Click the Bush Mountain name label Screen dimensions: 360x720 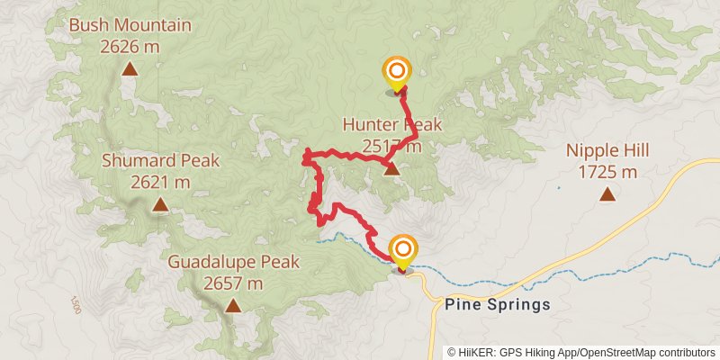pos(130,25)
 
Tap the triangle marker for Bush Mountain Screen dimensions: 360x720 pos(130,68)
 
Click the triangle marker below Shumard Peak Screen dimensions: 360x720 pos(160,205)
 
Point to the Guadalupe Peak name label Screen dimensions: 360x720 pos(233,263)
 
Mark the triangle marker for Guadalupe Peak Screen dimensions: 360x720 pos(233,306)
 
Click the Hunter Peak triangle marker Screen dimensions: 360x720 pos(391,168)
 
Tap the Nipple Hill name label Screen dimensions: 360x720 pos(607,151)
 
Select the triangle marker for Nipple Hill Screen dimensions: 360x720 pos(607,193)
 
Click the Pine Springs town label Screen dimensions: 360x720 pos(498,304)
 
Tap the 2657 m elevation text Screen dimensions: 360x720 pos(233,283)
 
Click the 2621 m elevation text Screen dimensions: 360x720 pos(160,181)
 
